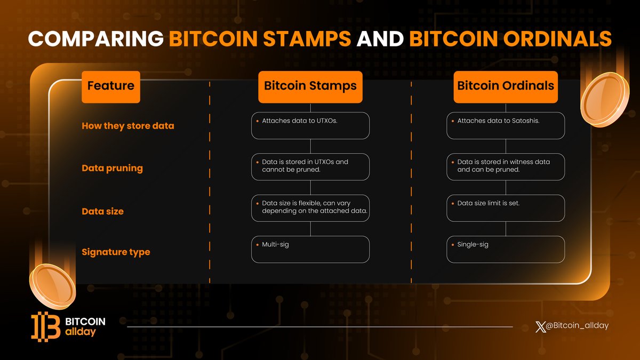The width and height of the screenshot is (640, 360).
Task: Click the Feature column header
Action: pos(110,86)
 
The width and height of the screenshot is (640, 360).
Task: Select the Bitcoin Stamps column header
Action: pos(310,86)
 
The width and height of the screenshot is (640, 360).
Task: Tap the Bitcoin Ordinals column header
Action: pos(506,86)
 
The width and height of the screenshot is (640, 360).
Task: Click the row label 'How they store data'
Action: pos(127,126)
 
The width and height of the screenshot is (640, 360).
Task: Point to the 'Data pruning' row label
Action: pos(112,168)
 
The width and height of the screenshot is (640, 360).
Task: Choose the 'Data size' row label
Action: pos(102,211)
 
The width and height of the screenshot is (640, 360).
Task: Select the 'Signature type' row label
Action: pos(116,252)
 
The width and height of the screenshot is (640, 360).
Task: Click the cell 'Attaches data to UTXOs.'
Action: pos(310,125)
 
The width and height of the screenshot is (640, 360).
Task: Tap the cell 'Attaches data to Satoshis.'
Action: pos(506,125)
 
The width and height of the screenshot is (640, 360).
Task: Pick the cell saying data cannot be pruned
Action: pos(310,166)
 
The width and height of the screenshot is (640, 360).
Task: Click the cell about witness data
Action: pos(506,166)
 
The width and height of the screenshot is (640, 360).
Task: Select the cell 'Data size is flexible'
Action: pos(310,207)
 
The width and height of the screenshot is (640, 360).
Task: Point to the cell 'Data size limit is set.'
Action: pos(506,207)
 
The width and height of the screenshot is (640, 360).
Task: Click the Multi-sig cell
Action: pos(310,249)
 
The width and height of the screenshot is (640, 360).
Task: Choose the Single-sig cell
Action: pos(506,249)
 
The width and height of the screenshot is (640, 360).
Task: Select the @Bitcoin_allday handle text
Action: pos(576,325)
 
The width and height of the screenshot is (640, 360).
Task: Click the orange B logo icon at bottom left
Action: pos(45,326)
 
